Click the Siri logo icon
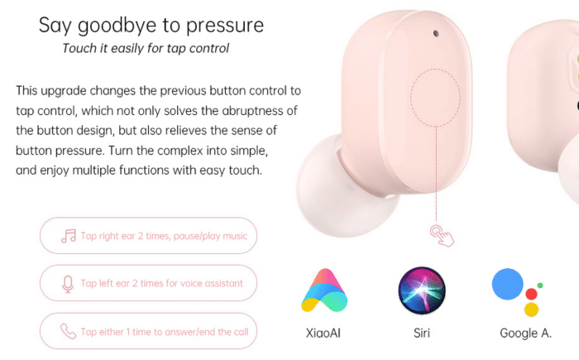tap(422, 290)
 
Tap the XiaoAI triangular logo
tap(324, 290)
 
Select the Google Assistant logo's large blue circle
tap(507, 284)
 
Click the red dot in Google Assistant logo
tap(531, 294)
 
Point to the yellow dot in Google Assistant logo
tap(531, 310)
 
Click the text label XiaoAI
tap(323, 333)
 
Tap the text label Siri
tap(422, 333)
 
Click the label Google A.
tap(525, 334)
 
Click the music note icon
tap(69, 236)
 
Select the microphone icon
tap(68, 284)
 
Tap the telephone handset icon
tap(69, 331)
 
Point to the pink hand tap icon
tap(442, 235)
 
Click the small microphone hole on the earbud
tap(436, 34)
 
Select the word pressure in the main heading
tap(225, 26)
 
